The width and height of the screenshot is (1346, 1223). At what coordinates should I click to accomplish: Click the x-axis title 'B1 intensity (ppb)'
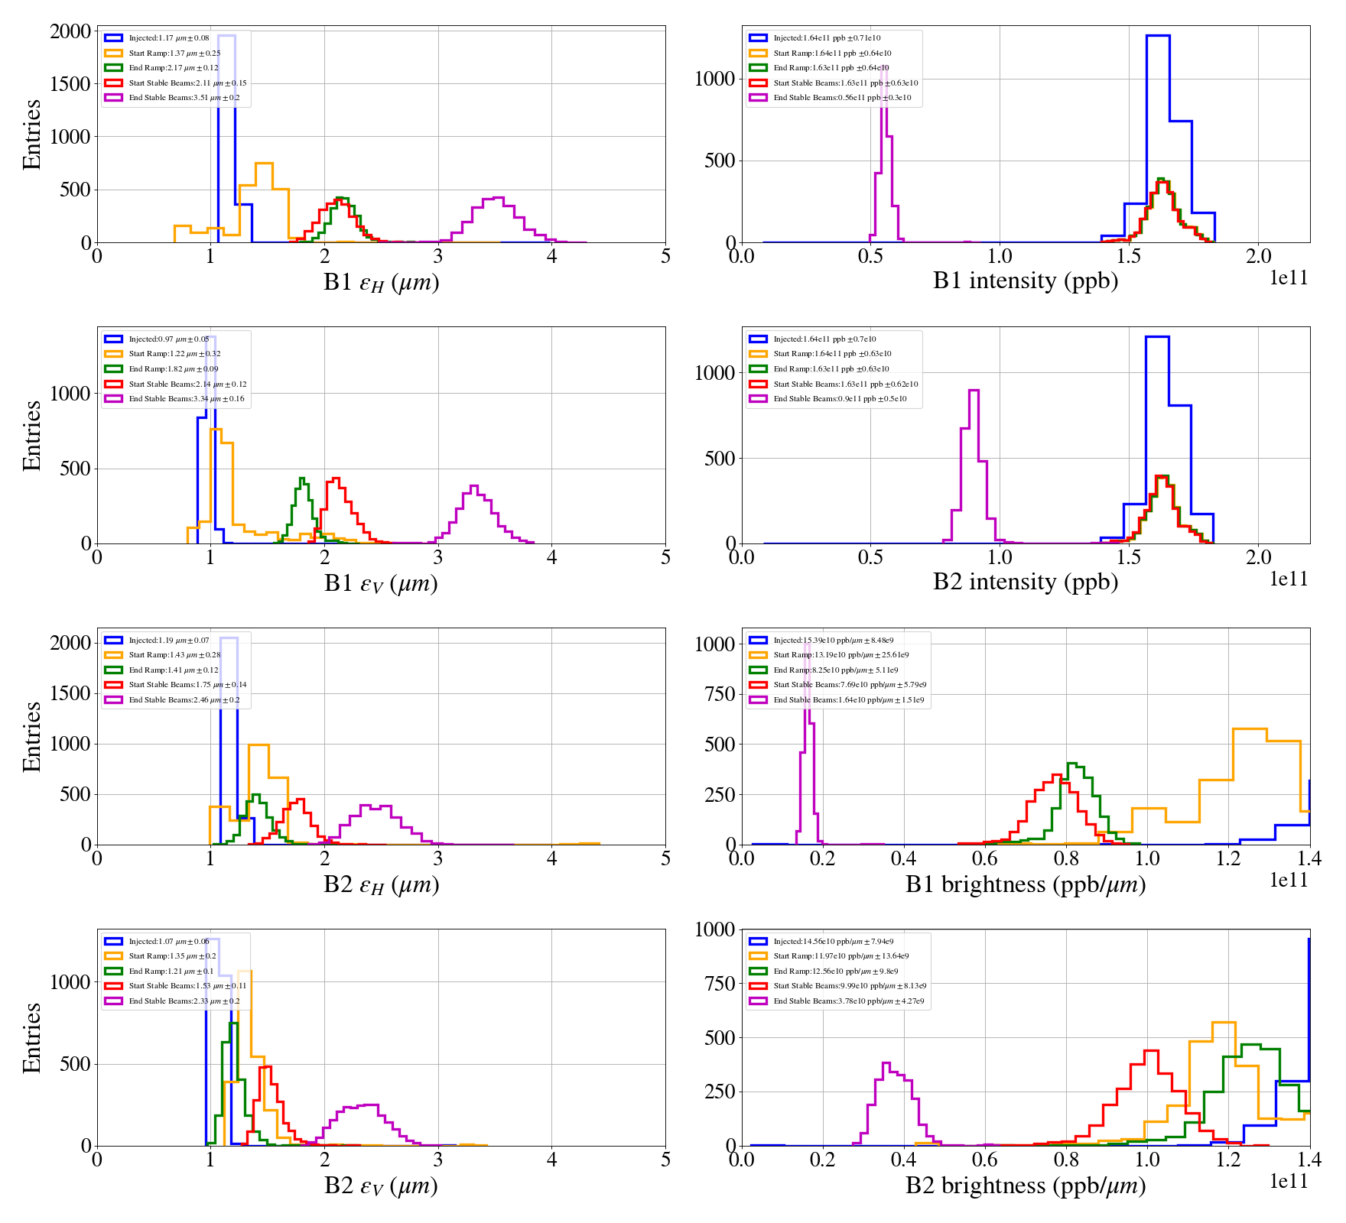point(1025,281)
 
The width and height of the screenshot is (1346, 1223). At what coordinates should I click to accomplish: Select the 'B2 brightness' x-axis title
point(1025,1186)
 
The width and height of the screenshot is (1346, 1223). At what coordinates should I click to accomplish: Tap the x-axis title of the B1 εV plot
point(381,584)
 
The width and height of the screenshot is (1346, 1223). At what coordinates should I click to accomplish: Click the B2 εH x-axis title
point(381,885)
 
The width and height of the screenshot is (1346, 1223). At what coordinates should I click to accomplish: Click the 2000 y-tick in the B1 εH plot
point(70,31)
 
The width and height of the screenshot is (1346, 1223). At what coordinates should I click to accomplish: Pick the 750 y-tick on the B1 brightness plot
point(714,694)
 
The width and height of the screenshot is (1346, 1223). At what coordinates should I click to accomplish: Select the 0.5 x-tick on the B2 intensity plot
point(870,557)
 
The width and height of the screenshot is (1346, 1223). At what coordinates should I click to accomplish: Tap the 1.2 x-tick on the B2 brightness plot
point(1228,1160)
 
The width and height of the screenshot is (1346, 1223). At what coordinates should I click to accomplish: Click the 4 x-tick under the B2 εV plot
point(551,1160)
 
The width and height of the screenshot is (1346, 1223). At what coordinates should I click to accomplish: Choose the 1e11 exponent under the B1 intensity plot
point(1289,278)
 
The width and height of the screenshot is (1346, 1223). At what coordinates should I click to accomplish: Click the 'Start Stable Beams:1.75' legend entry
point(187,685)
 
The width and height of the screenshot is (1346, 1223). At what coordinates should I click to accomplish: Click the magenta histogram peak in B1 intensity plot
point(884,69)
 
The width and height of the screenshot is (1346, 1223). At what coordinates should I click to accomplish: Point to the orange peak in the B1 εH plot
point(264,164)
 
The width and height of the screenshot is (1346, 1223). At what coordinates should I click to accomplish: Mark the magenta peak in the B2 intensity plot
point(974,391)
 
